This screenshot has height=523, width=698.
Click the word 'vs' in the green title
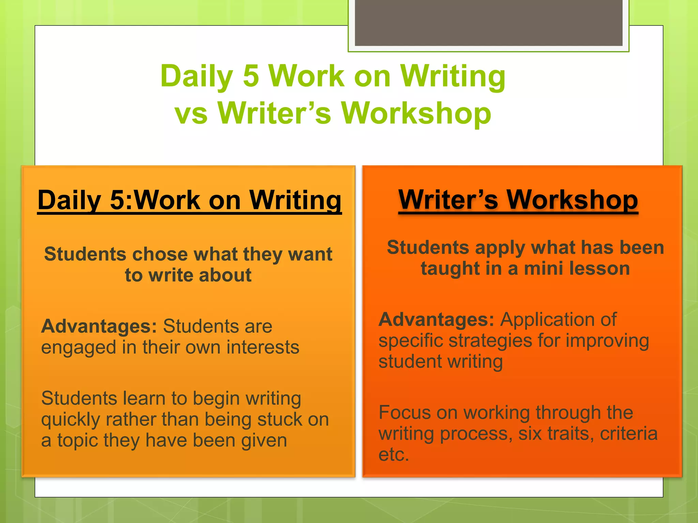[191, 114]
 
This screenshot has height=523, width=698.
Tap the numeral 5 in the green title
[251, 76]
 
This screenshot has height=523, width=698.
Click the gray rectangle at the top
[488, 22]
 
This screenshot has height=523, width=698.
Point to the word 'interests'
[263, 347]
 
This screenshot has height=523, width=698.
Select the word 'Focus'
[404, 413]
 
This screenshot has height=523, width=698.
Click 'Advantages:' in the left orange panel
[99, 326]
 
